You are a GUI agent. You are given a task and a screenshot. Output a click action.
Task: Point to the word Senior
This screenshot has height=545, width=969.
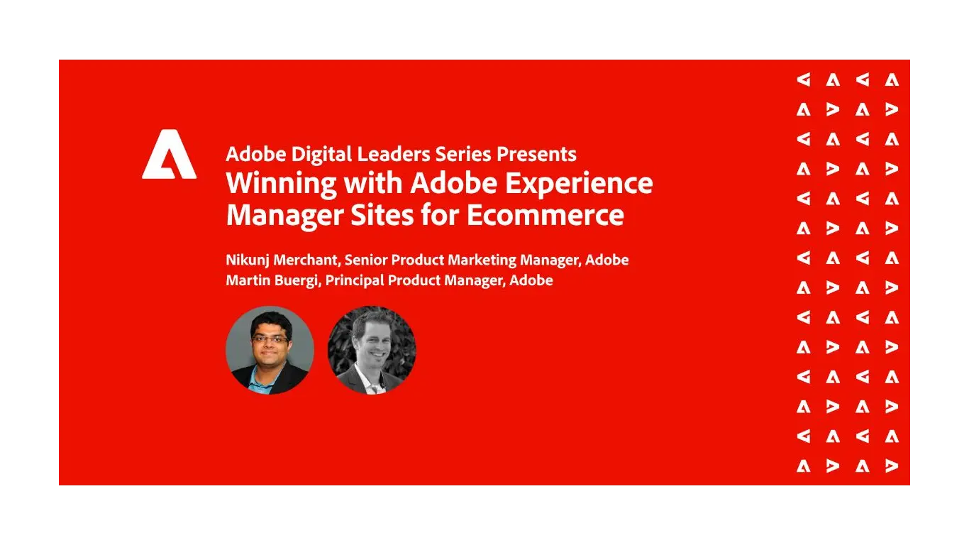[365, 260]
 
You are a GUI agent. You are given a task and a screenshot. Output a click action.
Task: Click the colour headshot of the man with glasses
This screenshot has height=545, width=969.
[270, 351]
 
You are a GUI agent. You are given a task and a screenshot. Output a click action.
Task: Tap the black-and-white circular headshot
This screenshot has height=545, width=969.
[372, 351]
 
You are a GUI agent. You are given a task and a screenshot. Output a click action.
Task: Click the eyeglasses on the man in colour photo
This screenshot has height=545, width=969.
[270, 339]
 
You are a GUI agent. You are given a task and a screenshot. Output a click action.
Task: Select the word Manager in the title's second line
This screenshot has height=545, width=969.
[282, 214]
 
